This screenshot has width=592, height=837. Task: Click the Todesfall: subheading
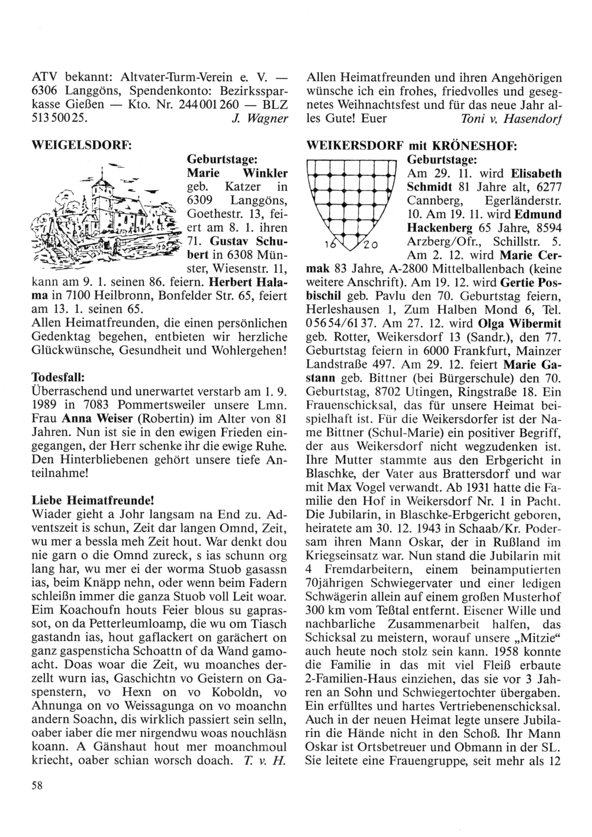[59, 377]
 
